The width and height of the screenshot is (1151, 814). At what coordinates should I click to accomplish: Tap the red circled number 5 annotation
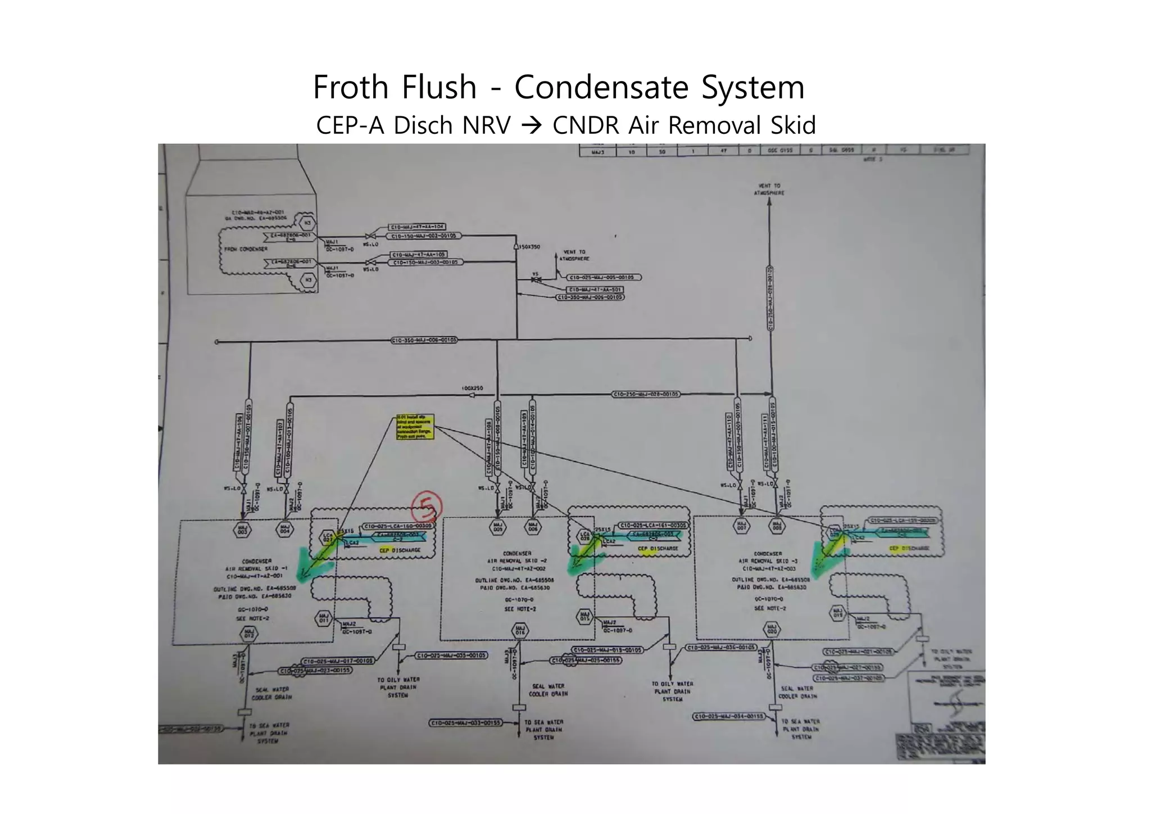point(427,508)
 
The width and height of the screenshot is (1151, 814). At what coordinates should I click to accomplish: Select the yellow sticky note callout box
point(415,427)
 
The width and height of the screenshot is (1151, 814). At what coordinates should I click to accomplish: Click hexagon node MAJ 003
point(242,530)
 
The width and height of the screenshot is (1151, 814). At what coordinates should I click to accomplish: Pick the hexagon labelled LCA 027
point(328,537)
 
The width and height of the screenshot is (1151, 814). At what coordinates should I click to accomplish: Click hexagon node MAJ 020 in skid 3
point(772,629)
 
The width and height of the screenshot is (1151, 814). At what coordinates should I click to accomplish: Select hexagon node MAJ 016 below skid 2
point(520,630)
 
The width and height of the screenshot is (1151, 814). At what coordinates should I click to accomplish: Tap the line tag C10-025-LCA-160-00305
point(398,526)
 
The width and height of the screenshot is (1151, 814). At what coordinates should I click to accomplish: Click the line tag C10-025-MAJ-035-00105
point(451,655)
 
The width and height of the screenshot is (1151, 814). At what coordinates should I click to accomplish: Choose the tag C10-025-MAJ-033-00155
point(466,723)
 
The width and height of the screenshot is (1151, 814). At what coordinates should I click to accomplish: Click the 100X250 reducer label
point(472,388)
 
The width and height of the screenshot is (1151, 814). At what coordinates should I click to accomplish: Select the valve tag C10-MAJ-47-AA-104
point(417,227)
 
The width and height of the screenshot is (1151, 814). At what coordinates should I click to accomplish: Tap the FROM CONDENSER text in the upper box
point(246,249)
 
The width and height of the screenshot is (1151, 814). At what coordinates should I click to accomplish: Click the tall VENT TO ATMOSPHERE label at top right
point(769,189)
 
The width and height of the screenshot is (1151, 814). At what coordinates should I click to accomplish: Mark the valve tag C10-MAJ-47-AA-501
point(595,290)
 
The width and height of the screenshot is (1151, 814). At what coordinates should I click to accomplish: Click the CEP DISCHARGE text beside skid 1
point(400,550)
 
